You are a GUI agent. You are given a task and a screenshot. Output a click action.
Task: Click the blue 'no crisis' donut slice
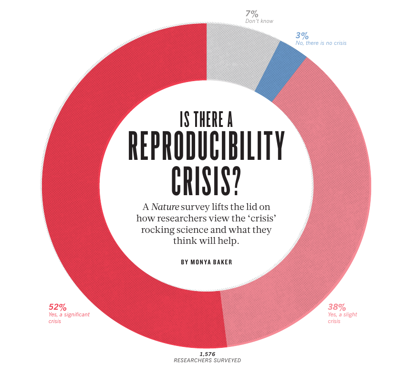coord(280,71)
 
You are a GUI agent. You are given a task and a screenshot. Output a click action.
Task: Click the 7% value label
coord(252,13)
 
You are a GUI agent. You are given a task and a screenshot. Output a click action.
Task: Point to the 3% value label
coord(302,35)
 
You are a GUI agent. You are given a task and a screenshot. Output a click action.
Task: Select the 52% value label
coord(58,307)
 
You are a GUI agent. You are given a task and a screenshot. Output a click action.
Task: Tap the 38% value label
coord(336,307)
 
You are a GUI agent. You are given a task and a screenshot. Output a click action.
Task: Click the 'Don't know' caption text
coord(259,21)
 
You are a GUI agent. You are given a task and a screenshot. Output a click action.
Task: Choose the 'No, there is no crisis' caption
coord(321,43)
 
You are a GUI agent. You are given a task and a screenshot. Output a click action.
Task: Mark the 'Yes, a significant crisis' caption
coord(69,318)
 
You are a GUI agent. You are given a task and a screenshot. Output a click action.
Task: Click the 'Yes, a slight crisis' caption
coord(342,318)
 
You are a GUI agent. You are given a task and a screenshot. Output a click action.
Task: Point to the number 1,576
coord(208,354)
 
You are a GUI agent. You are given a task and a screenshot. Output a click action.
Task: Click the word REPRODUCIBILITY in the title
coord(207,145)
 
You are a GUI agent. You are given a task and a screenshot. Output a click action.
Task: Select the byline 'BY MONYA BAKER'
coord(207,262)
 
